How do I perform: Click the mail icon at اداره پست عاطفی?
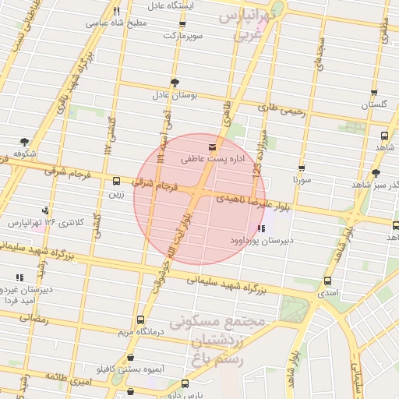point(212,147)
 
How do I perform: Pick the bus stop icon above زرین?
point(117,180)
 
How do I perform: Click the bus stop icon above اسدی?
point(327,281)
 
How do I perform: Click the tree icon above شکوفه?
point(25,142)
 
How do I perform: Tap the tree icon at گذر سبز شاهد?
point(376,173)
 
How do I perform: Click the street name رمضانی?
point(33,319)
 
